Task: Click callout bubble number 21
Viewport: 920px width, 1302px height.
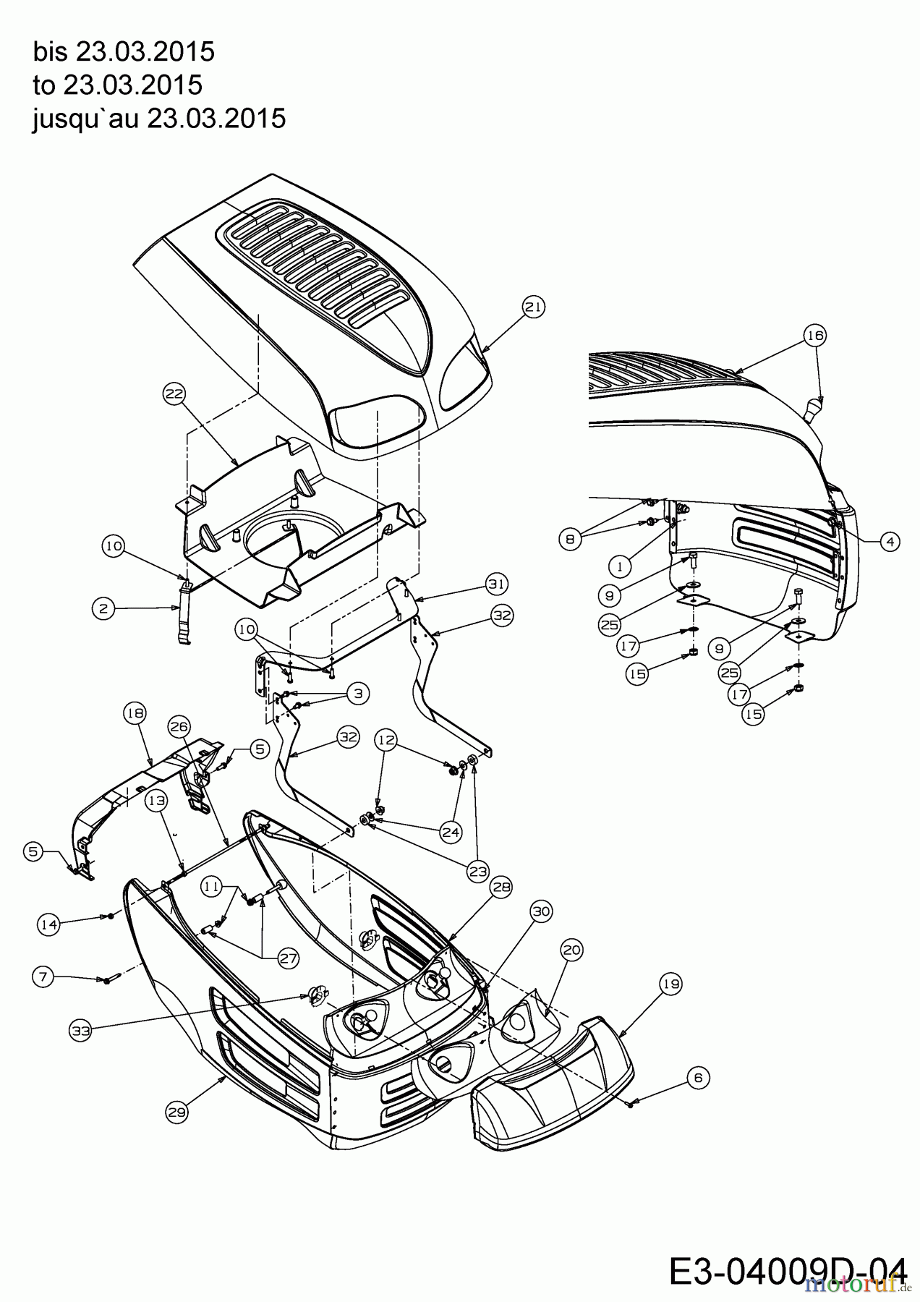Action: [x=533, y=307]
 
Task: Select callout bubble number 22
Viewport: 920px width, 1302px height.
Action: [x=174, y=394]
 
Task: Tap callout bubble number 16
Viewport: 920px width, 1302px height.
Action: [x=815, y=335]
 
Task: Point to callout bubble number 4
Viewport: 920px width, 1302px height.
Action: [x=890, y=540]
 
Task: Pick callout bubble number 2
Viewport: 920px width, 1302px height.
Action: [x=103, y=608]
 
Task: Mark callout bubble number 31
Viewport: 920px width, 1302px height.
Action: [x=497, y=583]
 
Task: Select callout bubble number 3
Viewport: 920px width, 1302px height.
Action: [x=357, y=693]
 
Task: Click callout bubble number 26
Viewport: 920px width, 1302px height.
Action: [x=179, y=726]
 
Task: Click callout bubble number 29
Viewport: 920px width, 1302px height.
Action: [x=176, y=1112]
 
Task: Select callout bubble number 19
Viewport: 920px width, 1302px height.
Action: [x=670, y=984]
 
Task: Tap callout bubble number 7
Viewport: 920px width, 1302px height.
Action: [x=43, y=977]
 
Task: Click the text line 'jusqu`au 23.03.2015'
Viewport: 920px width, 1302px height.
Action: [x=159, y=118]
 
